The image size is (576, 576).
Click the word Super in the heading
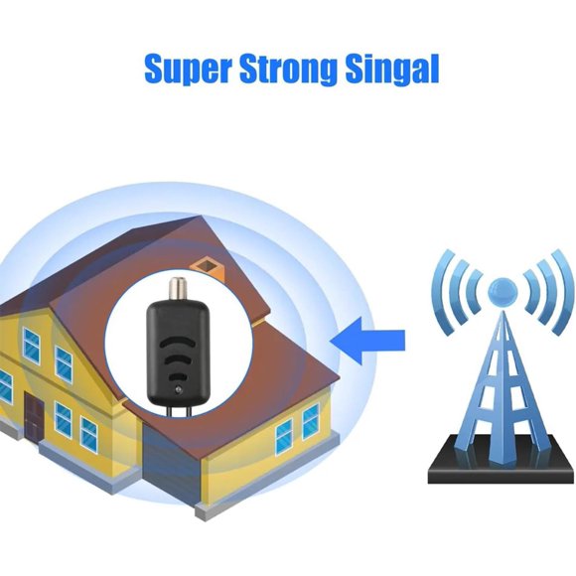pyautogui.click(x=188, y=70)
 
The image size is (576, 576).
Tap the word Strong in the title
pyautogui.click(x=288, y=70)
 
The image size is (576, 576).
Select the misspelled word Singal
pyautogui.click(x=392, y=70)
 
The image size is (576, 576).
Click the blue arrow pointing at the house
pyautogui.click(x=367, y=341)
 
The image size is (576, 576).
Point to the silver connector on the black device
pyautogui.click(x=176, y=289)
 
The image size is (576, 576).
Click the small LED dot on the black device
pyautogui.click(x=178, y=389)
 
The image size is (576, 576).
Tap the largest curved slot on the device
pyautogui.click(x=178, y=343)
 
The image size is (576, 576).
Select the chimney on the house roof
pyautogui.click(x=208, y=269)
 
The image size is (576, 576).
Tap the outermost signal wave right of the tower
pyautogui.click(x=564, y=292)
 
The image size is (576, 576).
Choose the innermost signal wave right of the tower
pyautogui.click(x=531, y=291)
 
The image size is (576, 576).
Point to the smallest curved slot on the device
pyautogui.click(x=178, y=376)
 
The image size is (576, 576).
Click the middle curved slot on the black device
pyautogui.click(x=178, y=360)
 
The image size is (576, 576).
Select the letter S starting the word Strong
pyautogui.click(x=250, y=69)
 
